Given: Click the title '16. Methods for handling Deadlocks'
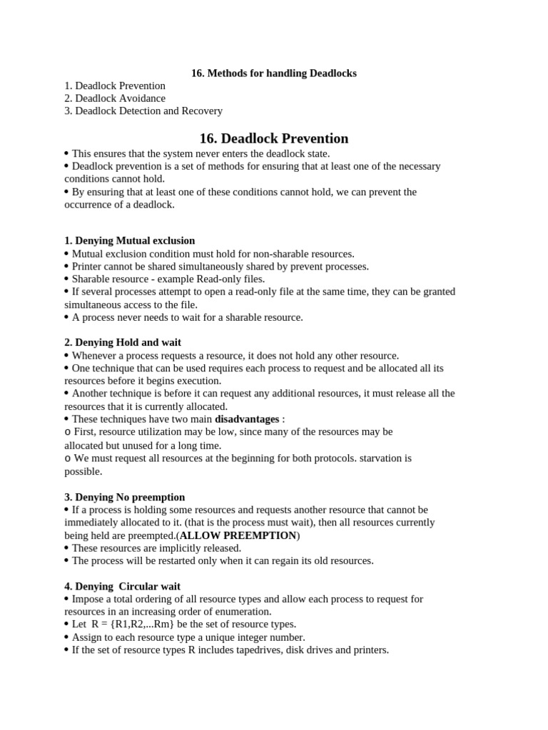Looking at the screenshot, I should pyautogui.click(x=274, y=73).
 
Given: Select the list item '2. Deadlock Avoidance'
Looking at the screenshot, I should pyautogui.click(x=115, y=98).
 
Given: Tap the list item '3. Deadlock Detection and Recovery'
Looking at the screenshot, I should pyautogui.click(x=143, y=111).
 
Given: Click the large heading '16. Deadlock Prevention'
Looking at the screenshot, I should pyautogui.click(x=274, y=139).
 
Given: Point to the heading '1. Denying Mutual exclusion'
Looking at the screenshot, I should pyautogui.click(x=129, y=241).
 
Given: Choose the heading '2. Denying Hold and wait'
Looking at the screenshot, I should pyautogui.click(x=123, y=343).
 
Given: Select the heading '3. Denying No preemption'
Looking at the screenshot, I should pyautogui.click(x=124, y=498).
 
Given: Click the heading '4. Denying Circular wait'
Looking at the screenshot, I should pyautogui.click(x=122, y=587).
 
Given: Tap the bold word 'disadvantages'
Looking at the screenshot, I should pyautogui.click(x=247, y=420).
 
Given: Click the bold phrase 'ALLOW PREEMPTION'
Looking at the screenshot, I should pyautogui.click(x=238, y=535).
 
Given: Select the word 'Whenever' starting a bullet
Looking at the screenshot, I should pyautogui.click(x=95, y=356).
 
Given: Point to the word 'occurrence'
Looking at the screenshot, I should pyautogui.click(x=89, y=205).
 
